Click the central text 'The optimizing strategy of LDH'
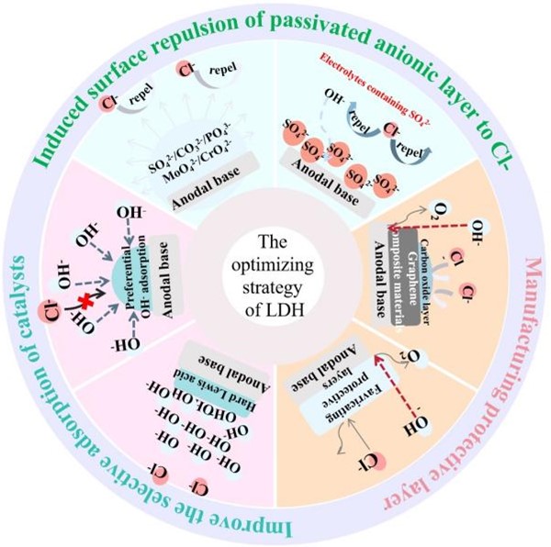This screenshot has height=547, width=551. click(x=275, y=275)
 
